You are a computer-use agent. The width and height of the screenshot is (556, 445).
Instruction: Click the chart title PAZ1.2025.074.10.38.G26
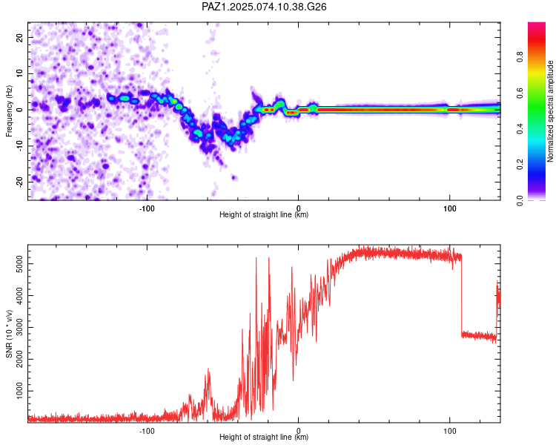[x=264, y=7]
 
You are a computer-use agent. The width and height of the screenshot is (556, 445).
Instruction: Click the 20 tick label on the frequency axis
[x=19, y=37]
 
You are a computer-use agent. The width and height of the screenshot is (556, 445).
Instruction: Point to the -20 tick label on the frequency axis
[x=19, y=182]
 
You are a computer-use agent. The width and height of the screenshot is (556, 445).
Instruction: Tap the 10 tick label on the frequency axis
[x=19, y=73]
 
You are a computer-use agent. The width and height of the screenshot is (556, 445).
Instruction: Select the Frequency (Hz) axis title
[x=9, y=111]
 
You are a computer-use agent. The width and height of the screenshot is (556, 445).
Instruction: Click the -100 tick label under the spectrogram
[x=147, y=208]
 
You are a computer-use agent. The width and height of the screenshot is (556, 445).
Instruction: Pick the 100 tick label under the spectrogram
[x=450, y=208]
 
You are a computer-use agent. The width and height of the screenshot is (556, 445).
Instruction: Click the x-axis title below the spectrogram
[x=264, y=214]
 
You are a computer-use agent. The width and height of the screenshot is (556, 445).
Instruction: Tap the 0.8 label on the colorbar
[x=520, y=56]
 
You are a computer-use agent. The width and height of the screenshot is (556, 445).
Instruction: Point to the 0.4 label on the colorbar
[x=520, y=128]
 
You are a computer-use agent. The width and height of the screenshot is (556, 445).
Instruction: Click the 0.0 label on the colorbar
[x=520, y=200]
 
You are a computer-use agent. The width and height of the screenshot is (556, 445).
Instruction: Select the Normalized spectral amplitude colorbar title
[x=550, y=111]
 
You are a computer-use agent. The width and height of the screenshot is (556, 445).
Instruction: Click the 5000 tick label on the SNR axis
[x=19, y=264]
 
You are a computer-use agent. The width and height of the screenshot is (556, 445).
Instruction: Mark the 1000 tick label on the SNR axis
[x=19, y=391]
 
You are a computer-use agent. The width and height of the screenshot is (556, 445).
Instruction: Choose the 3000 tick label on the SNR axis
[x=19, y=328]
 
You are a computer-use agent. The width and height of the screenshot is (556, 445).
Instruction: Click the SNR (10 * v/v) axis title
[x=9, y=334]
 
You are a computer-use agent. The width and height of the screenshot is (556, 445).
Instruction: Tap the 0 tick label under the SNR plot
[x=298, y=431]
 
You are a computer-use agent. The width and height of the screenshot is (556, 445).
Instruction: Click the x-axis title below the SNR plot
[x=264, y=437]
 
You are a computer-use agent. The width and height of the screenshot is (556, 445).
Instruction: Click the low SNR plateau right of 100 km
[x=479, y=336]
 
